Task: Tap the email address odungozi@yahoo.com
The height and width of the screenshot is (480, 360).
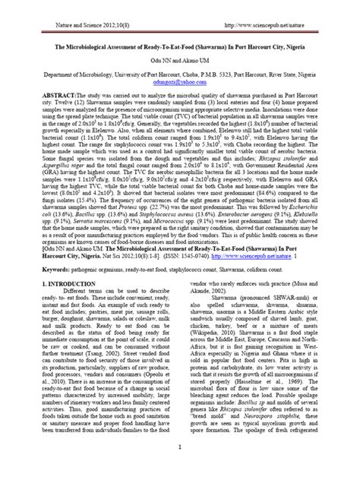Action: coord(180,74)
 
